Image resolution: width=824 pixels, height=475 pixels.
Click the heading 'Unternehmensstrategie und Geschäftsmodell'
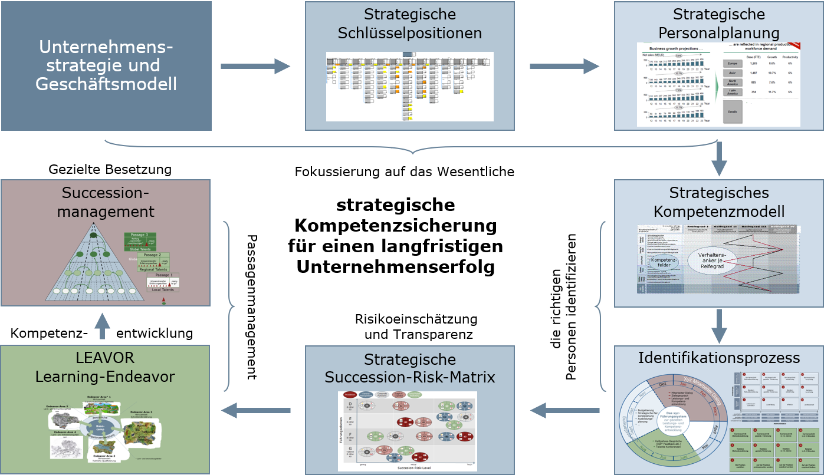pyautogui.click(x=106, y=66)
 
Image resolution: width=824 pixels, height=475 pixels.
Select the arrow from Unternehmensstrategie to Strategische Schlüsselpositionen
pyautogui.click(x=255, y=67)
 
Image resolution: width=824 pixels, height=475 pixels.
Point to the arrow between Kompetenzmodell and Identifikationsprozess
pyautogui.click(x=719, y=326)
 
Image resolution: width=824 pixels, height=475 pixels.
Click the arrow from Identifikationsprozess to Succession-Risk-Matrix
pyautogui.click(x=564, y=410)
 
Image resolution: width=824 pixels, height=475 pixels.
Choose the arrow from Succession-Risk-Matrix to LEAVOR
pyautogui.click(x=255, y=410)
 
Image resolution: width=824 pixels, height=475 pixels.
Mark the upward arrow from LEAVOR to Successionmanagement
pyautogui.click(x=102, y=326)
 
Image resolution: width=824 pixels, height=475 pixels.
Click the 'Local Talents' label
pyautogui.click(x=163, y=289)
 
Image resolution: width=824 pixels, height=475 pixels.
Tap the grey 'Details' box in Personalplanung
pyautogui.click(x=733, y=112)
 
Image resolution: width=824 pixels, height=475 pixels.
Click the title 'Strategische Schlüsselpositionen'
pyautogui.click(x=410, y=24)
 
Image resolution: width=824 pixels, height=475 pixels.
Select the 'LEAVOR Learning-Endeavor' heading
pyautogui.click(x=105, y=367)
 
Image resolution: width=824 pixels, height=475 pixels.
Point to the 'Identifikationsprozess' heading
pyautogui.click(x=719, y=358)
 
